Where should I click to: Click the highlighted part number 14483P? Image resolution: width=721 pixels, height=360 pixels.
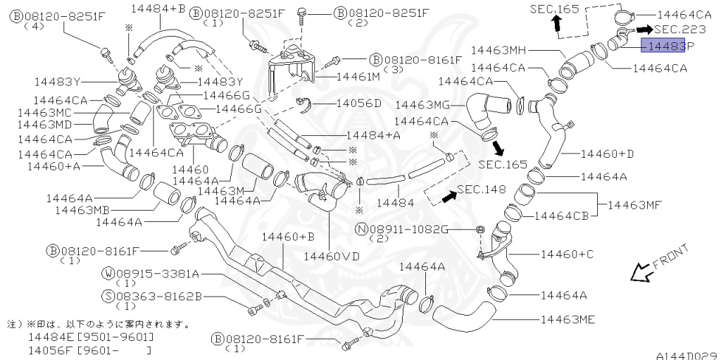click(x=666, y=46)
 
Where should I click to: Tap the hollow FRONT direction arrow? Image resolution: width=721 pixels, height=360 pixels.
click(x=641, y=271)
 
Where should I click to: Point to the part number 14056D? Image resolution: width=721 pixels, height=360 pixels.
click(x=358, y=103)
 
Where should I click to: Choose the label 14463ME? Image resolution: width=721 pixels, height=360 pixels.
click(x=568, y=320)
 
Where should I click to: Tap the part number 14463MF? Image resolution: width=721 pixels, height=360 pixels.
click(x=634, y=205)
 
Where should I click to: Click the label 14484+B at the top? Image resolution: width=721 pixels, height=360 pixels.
click(x=158, y=8)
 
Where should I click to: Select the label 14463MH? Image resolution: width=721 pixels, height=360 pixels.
click(x=499, y=50)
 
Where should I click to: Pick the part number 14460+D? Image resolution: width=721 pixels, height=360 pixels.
click(x=607, y=153)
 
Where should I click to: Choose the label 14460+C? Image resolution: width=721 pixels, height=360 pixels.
click(x=568, y=253)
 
